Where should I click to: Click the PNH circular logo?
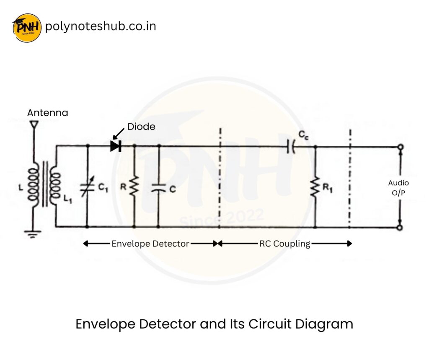tap(27, 27)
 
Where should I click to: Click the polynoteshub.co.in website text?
tap(100, 26)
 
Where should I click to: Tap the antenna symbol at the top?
tap(34, 124)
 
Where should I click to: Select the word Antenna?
tap(47, 113)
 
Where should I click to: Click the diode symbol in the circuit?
tap(115, 146)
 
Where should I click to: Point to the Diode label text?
tap(141, 126)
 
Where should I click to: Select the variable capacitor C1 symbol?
tap(87, 187)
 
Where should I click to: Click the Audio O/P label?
tap(398, 187)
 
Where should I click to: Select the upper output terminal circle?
tap(400, 147)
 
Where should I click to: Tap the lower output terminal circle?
tap(400, 228)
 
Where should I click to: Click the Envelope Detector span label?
tap(150, 243)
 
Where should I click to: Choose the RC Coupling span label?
tap(284, 243)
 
